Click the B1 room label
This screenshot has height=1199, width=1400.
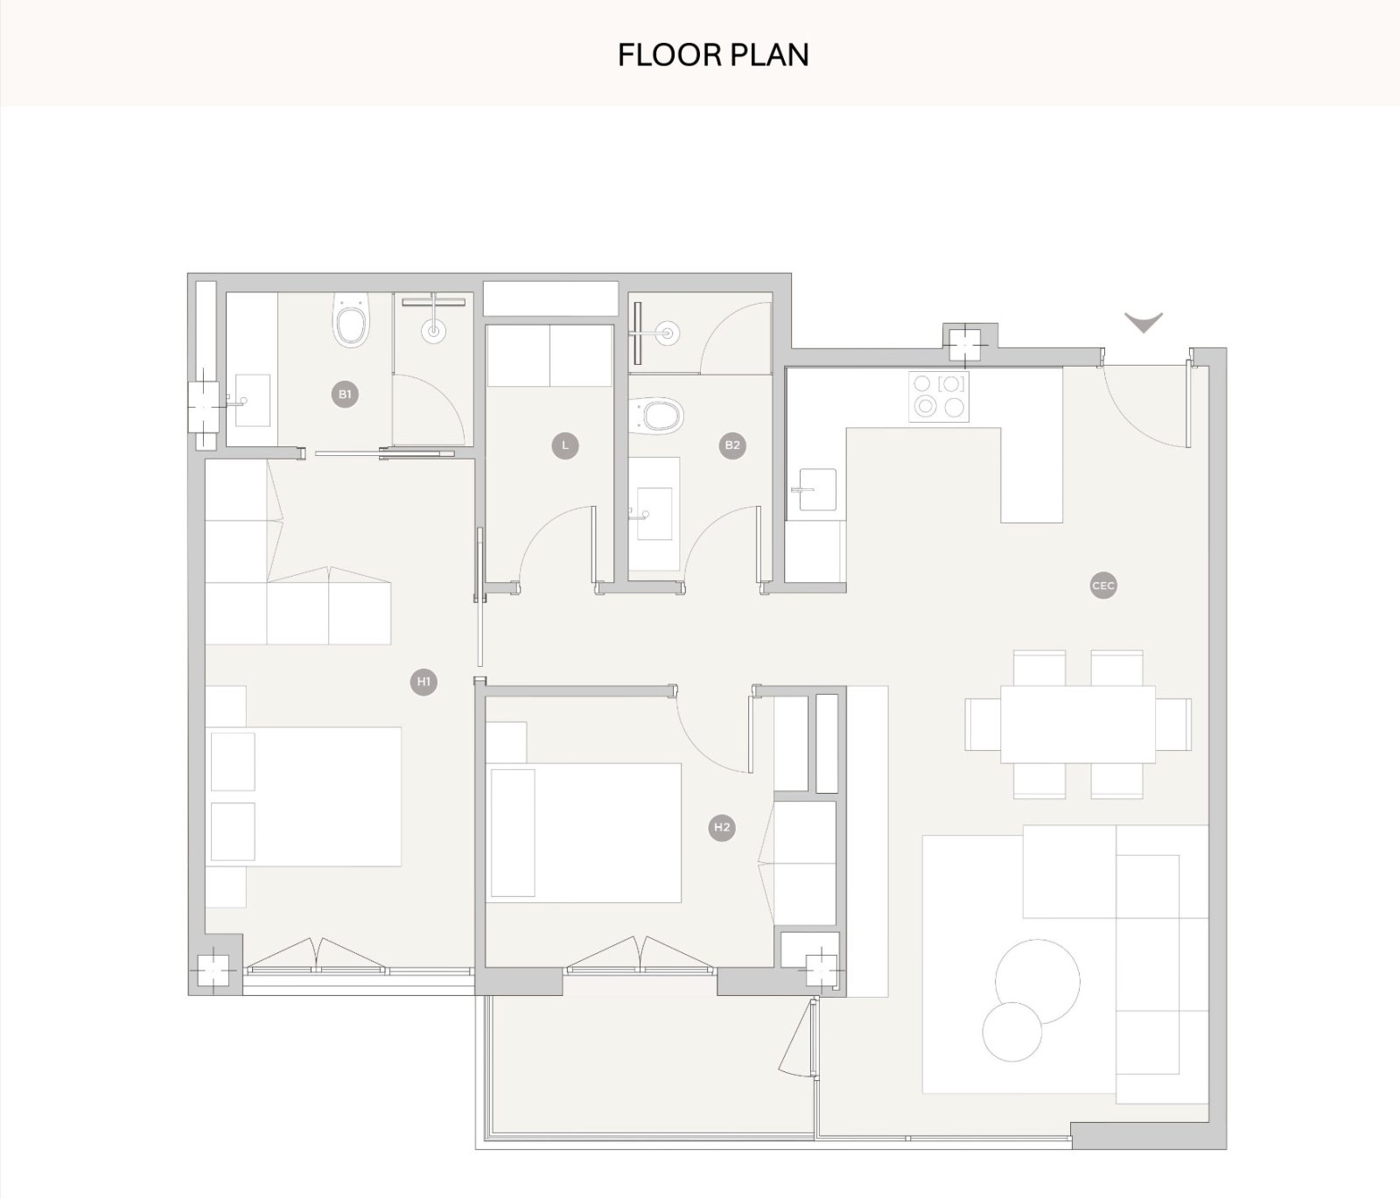tap(345, 395)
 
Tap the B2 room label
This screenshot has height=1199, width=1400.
tap(732, 445)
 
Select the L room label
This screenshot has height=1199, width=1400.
tap(565, 445)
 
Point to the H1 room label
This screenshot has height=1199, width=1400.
tap(423, 682)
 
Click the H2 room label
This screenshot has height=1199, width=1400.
tap(722, 828)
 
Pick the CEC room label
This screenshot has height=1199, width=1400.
tap(1103, 585)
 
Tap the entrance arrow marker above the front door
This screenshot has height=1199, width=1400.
tap(1144, 323)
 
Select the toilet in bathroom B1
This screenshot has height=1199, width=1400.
tap(351, 319)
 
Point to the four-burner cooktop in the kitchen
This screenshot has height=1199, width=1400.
tap(938, 396)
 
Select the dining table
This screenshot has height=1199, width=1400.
tap(1078, 725)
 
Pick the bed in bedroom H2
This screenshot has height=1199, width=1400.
tap(585, 832)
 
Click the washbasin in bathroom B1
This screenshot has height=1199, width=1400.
tap(251, 400)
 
